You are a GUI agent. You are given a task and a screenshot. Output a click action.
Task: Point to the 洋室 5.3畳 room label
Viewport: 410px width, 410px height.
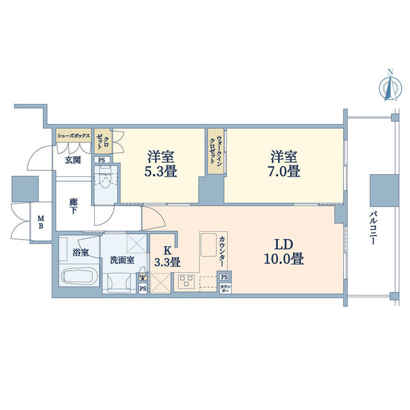[162, 164]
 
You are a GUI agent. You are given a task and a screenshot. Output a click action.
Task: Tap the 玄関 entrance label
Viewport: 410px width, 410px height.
[72, 160]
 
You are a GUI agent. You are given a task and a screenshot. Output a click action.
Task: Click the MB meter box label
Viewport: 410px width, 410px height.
[40, 223]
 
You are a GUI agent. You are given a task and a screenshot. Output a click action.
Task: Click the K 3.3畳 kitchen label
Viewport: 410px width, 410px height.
[165, 256]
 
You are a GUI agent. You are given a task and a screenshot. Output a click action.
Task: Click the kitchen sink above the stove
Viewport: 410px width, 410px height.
[209, 244]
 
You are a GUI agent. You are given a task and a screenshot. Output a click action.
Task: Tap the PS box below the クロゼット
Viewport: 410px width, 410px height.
[101, 160]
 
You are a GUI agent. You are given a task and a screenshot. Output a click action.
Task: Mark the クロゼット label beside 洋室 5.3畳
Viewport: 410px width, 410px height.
[103, 142]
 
